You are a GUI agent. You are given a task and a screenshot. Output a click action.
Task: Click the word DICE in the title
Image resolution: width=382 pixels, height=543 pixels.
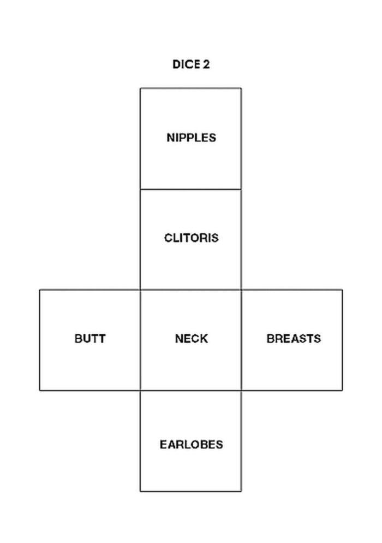click(x=186, y=64)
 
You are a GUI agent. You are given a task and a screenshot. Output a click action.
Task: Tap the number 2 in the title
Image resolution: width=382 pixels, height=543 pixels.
click(x=206, y=64)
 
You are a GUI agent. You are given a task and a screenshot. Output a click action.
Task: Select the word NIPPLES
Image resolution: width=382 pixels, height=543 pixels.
click(x=192, y=138)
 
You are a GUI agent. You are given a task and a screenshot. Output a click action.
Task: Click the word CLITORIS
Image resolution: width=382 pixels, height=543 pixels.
click(x=192, y=238)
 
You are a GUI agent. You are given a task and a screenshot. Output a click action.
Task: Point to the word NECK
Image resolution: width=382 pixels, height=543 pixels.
click(x=192, y=338)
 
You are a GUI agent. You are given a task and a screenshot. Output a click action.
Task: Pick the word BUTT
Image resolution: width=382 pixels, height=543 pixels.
click(x=90, y=338)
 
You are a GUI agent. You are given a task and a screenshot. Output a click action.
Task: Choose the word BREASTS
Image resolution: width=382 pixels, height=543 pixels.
click(x=294, y=338)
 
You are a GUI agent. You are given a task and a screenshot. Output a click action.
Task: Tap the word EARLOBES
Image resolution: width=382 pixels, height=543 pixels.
click(x=192, y=444)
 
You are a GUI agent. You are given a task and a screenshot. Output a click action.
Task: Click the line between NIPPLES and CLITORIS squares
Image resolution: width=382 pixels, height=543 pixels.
click(x=190, y=189)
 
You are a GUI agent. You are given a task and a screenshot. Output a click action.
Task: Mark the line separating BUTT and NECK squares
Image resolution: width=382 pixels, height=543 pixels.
click(x=140, y=340)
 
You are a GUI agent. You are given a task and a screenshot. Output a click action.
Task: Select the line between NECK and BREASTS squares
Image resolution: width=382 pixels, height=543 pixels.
click(x=241, y=340)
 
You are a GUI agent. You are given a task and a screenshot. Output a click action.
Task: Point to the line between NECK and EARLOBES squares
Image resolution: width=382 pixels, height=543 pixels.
click(x=190, y=391)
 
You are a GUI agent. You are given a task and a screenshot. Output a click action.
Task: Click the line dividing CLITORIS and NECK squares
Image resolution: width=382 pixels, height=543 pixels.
click(x=190, y=290)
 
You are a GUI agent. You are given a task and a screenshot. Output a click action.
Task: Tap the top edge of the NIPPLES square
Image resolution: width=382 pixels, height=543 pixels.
click(x=190, y=88)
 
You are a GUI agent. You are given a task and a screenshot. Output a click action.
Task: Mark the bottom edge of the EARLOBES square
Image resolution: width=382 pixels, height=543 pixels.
click(x=190, y=491)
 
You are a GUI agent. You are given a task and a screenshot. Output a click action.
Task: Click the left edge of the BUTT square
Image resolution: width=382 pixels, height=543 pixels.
click(x=40, y=340)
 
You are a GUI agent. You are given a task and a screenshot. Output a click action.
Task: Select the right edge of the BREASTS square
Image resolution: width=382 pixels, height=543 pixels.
click(x=342, y=340)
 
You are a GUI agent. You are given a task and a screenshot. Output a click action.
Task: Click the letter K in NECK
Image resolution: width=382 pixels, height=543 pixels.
click(x=204, y=338)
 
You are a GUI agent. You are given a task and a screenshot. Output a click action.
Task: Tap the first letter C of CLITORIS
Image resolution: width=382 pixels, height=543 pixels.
click(x=169, y=238)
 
